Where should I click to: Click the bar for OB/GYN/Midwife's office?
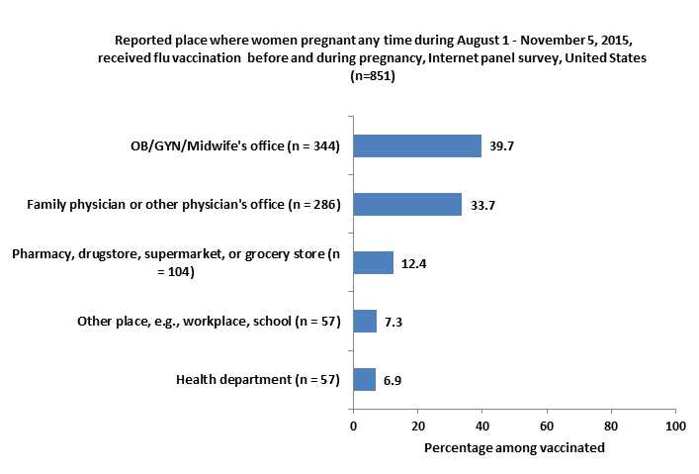pyautogui.click(x=417, y=146)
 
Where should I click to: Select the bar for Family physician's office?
pyautogui.click(x=407, y=205)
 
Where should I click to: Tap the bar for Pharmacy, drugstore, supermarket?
pyautogui.click(x=373, y=262)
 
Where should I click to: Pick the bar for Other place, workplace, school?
pyautogui.click(x=365, y=321)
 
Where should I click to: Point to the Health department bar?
pyautogui.click(x=364, y=379)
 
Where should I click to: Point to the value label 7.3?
pyautogui.click(x=393, y=322)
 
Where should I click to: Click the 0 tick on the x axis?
pyautogui.click(x=353, y=426)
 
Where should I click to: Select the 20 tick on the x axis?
pyautogui.click(x=417, y=426)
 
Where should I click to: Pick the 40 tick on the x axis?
pyautogui.click(x=481, y=426)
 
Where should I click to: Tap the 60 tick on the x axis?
pyautogui.click(x=546, y=426)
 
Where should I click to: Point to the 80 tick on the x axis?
pyautogui.click(x=610, y=426)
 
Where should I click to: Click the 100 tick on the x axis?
pyautogui.click(x=674, y=426)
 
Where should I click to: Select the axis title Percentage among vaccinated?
pyautogui.click(x=514, y=447)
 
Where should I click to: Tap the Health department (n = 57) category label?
pyautogui.click(x=258, y=380)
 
